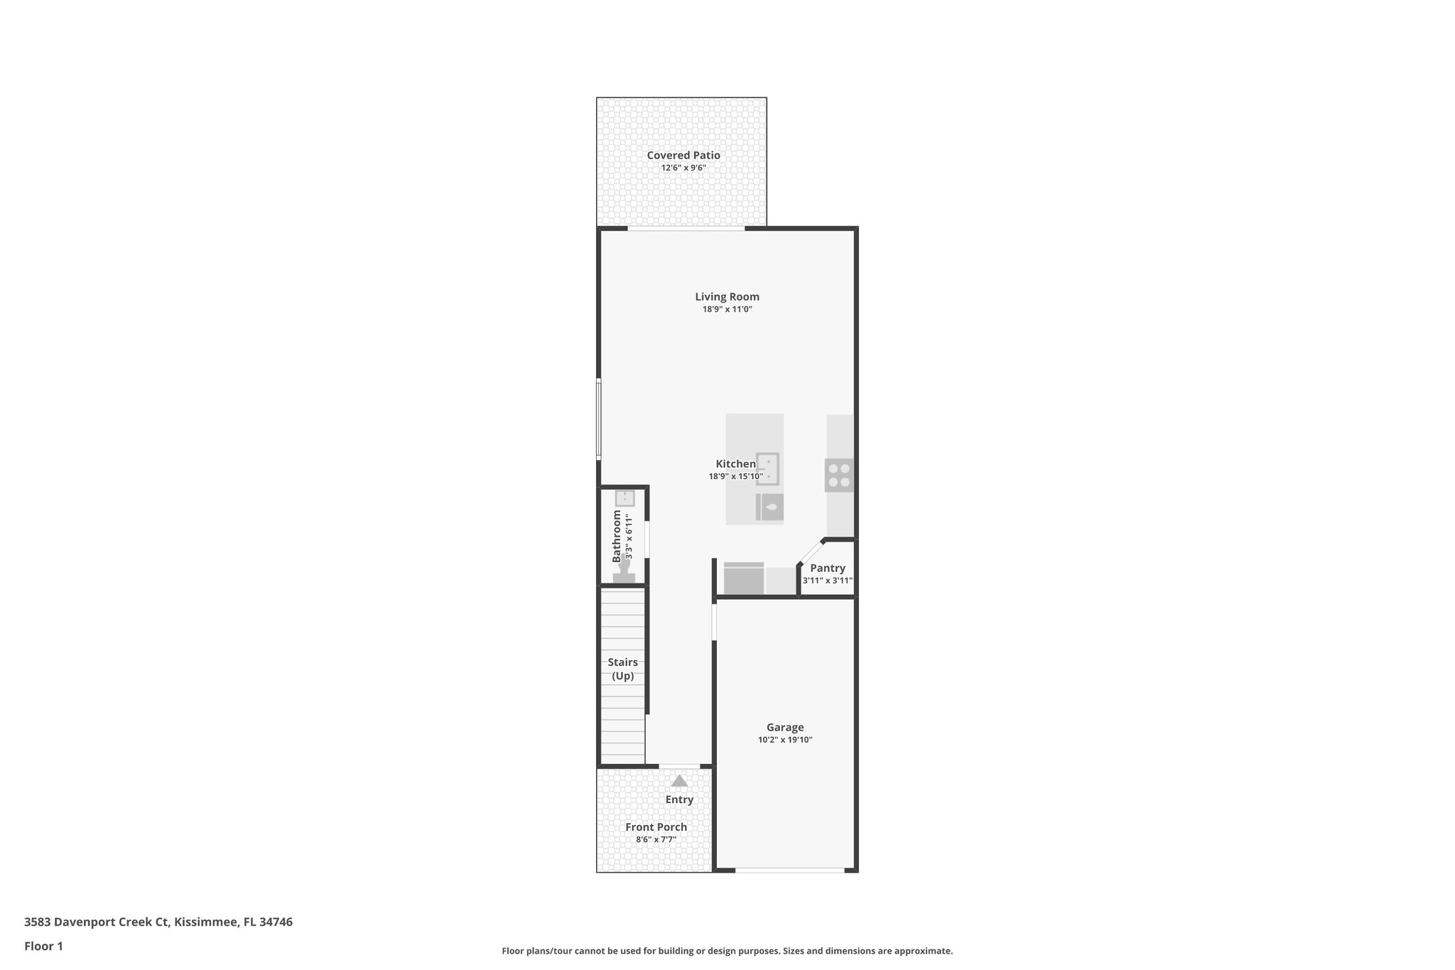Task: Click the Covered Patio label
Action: click(683, 155)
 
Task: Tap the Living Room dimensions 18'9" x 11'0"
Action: click(727, 310)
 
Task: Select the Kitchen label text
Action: click(735, 464)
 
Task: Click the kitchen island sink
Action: click(767, 468)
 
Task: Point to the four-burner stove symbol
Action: click(839, 475)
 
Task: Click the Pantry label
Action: click(828, 568)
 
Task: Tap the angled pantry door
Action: click(811, 551)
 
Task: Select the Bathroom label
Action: click(617, 536)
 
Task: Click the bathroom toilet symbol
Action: click(624, 572)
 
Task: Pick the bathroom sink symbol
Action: click(624, 498)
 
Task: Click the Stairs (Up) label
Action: click(622, 669)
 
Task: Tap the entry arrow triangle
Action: click(679, 781)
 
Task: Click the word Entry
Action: click(679, 799)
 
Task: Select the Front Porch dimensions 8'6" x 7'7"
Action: click(656, 840)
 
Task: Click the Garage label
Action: click(785, 727)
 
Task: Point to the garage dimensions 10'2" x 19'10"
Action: click(785, 740)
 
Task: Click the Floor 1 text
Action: click(43, 946)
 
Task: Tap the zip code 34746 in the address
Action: click(276, 922)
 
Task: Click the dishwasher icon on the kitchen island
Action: click(770, 507)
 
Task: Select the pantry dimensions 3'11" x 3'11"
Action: click(828, 581)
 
